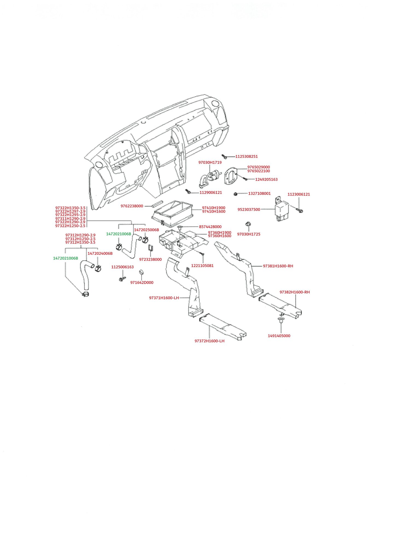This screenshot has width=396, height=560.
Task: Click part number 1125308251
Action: coord(246,156)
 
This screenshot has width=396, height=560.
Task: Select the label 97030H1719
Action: coord(210,162)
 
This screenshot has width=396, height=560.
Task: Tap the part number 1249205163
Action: coord(266,179)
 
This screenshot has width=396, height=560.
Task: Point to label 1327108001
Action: coord(259,194)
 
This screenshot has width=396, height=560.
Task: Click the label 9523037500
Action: coord(249,209)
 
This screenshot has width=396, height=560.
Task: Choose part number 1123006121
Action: coord(299,194)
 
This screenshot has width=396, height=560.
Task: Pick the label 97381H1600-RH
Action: coord(278,266)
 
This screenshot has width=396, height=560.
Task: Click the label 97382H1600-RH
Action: coord(295,292)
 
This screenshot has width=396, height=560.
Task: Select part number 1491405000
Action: coord(279,336)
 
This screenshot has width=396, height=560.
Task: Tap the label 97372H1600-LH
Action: coord(209,341)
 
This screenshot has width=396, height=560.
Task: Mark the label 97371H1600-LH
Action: coord(164,298)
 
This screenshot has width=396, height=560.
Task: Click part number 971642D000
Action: coord(142,282)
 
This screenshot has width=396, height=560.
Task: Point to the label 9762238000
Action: coord(132,206)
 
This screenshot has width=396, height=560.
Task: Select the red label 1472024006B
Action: coord(100,253)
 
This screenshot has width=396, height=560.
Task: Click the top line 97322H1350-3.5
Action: coord(70,208)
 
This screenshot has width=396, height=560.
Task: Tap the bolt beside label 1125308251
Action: coord(224,156)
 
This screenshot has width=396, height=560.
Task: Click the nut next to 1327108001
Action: coord(235,194)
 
